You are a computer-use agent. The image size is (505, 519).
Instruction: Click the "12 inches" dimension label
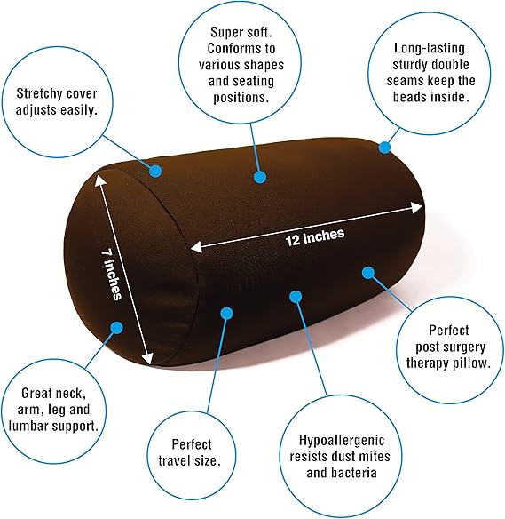315,236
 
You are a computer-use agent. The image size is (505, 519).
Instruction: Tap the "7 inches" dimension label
111,274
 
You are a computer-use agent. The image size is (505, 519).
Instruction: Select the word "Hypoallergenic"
342,440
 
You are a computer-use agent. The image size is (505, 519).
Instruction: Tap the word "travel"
175,460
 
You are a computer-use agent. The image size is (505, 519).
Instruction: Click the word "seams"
406,81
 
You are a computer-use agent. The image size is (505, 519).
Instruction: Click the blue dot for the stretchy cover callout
155,171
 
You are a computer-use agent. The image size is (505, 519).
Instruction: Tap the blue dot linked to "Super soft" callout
260,177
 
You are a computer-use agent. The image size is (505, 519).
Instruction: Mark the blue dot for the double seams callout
384,148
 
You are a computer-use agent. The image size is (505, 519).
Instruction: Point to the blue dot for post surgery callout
367,273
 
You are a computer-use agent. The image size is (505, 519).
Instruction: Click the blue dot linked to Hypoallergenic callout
296,297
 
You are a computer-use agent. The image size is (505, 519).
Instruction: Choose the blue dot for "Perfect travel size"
226,313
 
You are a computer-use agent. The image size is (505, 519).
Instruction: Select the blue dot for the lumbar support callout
116,328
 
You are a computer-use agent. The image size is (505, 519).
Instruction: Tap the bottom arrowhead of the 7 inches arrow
148,359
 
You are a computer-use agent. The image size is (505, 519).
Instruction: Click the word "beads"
409,97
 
